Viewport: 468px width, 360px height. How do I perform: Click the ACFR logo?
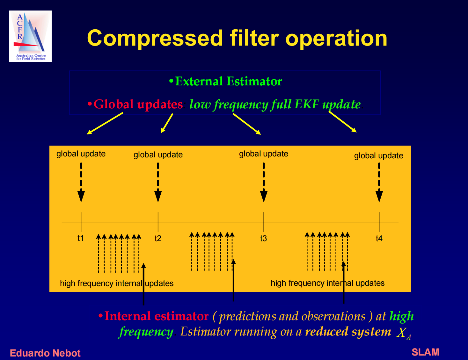point(30,36)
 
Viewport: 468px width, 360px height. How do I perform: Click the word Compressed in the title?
point(155,39)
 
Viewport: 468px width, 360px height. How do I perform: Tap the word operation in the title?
point(336,39)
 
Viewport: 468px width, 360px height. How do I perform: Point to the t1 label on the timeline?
point(81,238)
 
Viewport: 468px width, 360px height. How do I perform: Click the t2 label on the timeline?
point(158,238)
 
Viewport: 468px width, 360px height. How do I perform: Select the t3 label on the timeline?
point(263,238)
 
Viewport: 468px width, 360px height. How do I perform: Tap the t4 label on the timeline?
point(379,238)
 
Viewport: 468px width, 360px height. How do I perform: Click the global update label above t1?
point(81,154)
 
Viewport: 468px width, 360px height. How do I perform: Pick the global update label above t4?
point(379,156)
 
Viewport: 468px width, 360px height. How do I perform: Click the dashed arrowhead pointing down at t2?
point(158,196)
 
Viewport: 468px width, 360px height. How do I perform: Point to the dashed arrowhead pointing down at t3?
point(264,196)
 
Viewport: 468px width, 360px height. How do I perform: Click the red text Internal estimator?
point(156,316)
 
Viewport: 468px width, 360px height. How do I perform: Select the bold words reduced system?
point(348,331)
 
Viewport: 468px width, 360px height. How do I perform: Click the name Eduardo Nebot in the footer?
point(45,353)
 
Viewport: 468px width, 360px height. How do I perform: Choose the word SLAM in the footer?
point(426,352)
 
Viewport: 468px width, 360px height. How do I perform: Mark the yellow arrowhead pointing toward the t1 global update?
point(89,133)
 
